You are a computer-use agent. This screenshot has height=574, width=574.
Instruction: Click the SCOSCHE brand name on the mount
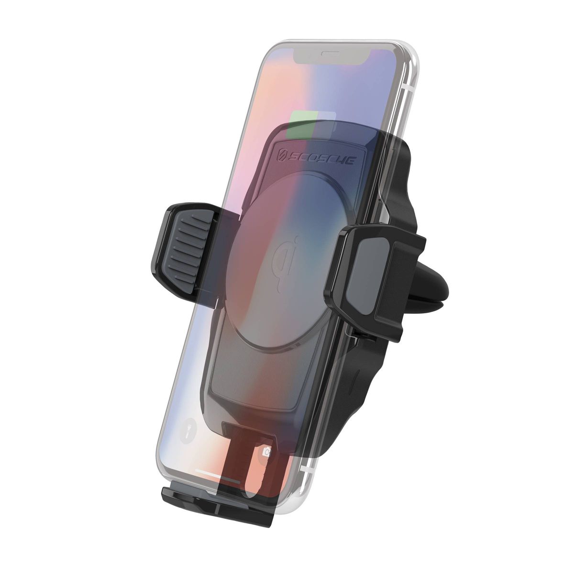click(x=320, y=159)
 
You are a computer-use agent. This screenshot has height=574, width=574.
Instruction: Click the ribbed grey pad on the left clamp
click(x=186, y=242)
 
